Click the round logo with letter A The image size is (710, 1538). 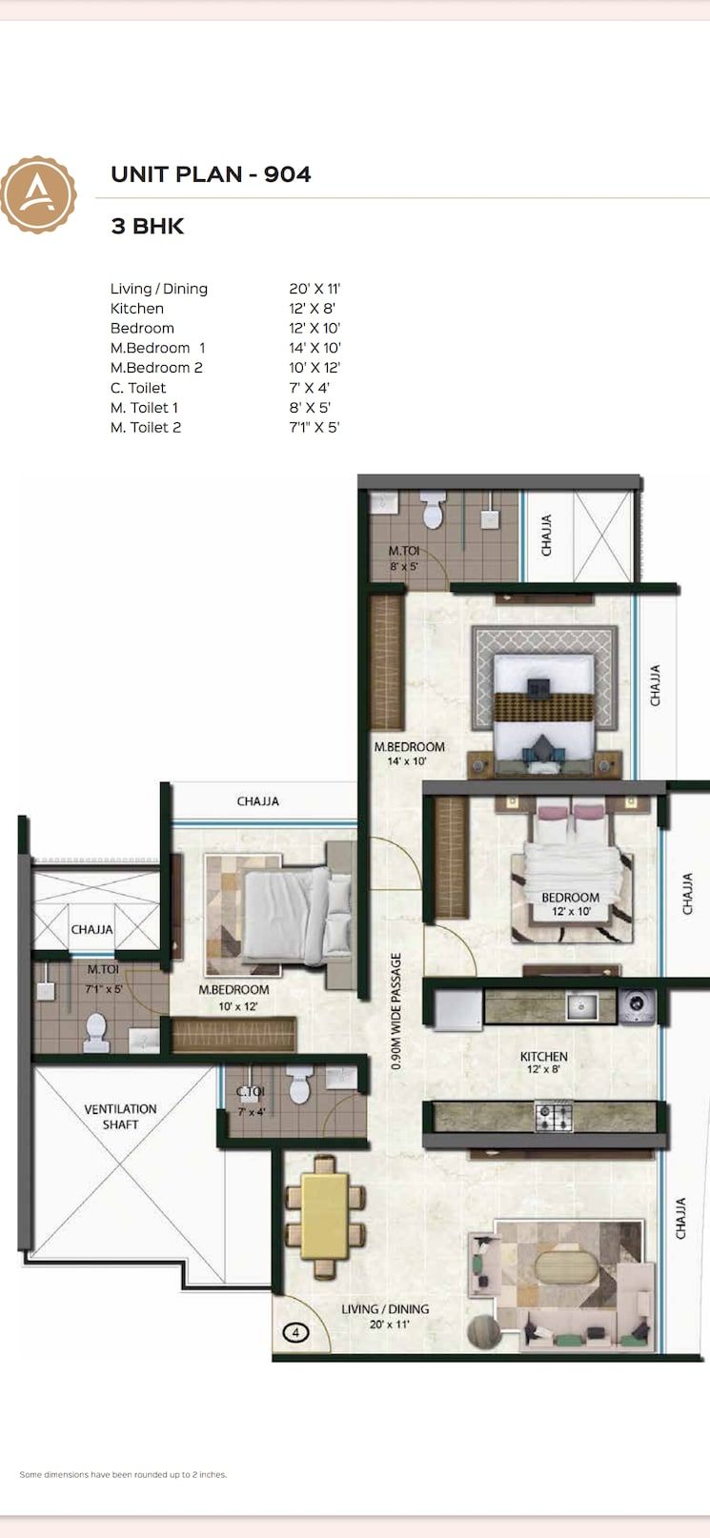point(38,195)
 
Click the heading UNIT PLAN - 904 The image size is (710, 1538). point(211,174)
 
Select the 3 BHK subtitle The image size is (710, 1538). point(148,227)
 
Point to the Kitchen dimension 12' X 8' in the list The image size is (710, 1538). point(312,309)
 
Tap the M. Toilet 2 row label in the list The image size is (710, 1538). point(145,428)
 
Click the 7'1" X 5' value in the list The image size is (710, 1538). point(314,428)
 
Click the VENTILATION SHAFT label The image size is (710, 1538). point(120,1117)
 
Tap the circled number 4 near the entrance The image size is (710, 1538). point(295,1332)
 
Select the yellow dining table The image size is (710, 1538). point(325,1216)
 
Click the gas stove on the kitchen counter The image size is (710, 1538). point(553,1116)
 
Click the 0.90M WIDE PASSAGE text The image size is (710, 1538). point(396,1011)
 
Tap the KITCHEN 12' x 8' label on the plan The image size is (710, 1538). point(543,1062)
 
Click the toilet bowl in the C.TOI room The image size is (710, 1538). point(299,1085)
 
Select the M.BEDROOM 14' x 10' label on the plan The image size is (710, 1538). point(409,754)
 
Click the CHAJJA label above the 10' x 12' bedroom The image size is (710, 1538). point(258,801)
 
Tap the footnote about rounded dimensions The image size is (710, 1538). point(123,1474)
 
